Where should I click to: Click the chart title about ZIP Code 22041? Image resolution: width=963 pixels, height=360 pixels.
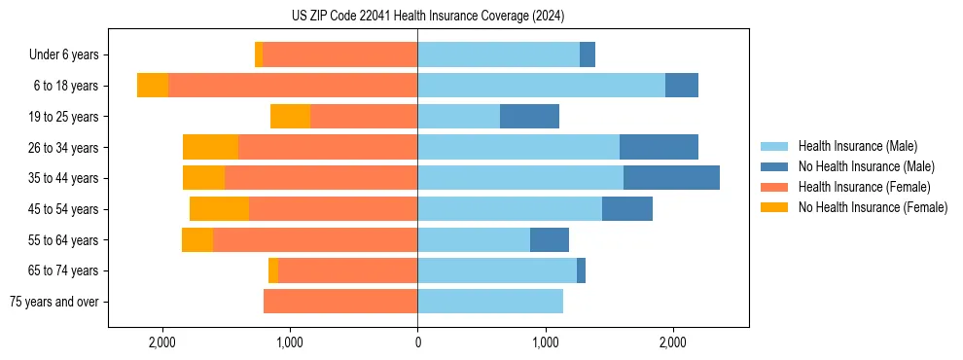[428, 17]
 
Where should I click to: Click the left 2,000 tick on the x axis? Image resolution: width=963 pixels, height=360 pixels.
[161, 342]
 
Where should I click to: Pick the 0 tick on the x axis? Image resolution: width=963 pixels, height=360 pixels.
[417, 342]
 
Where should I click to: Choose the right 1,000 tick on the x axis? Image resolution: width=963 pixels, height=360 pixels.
[546, 342]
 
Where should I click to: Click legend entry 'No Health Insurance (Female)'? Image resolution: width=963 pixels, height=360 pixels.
[873, 207]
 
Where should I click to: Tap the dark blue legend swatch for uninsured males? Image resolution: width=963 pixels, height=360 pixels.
[775, 166]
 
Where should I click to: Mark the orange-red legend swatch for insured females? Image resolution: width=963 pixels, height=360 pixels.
[775, 187]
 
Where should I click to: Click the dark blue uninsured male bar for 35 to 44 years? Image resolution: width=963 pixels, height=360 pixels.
[671, 178]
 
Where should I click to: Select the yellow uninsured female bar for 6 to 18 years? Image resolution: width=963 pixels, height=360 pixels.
[153, 86]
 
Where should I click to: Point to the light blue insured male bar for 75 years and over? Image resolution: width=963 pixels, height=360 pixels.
[490, 302]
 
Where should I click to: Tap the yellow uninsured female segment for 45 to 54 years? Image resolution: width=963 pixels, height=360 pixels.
[219, 209]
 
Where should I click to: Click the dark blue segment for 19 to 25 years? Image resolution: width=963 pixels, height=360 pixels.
[529, 117]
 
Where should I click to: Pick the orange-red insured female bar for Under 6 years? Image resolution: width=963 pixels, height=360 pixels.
[339, 54]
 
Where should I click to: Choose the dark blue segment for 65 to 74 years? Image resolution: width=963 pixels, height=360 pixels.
[581, 270]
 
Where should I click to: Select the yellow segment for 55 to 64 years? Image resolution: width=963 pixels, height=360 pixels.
[197, 240]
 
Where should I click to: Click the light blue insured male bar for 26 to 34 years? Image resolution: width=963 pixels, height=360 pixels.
[518, 147]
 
